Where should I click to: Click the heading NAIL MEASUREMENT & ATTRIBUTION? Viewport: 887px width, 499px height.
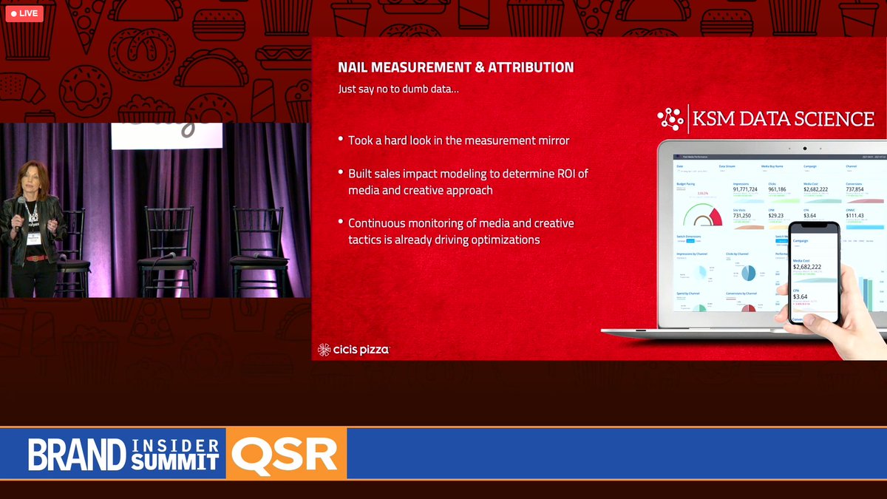click(455, 67)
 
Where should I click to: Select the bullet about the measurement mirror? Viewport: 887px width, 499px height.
click(459, 140)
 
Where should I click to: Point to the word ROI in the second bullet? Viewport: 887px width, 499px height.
click(573, 174)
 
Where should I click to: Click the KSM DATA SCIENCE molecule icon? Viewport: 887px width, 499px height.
click(671, 119)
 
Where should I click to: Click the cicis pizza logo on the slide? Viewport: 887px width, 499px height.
click(353, 350)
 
